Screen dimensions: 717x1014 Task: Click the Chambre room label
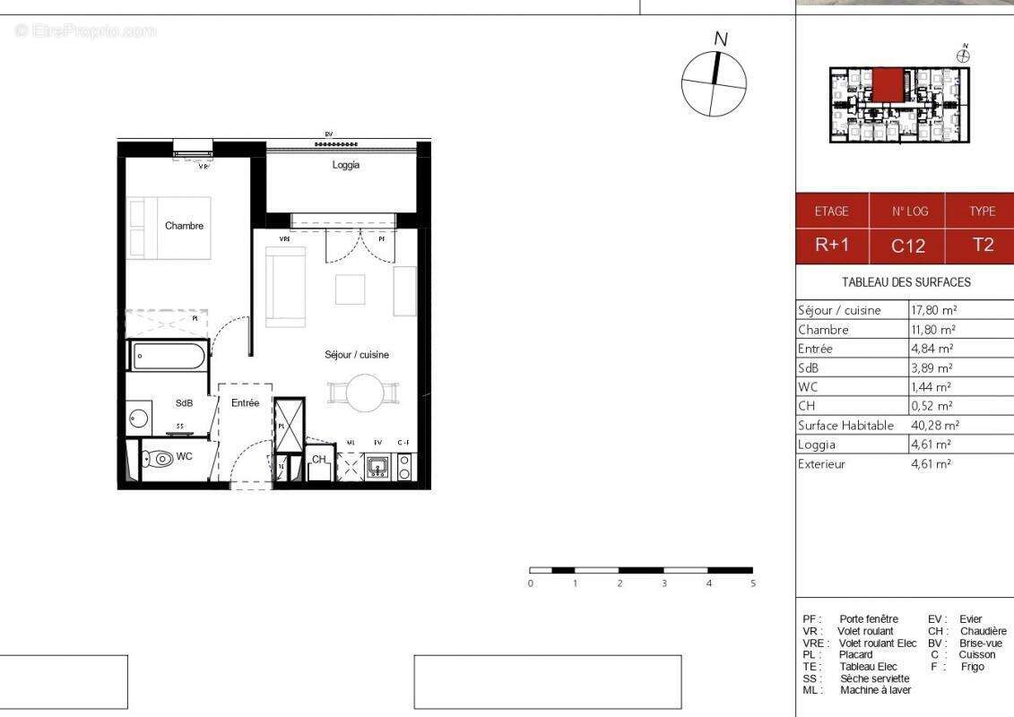(x=184, y=226)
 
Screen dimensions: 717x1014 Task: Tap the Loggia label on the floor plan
(x=345, y=165)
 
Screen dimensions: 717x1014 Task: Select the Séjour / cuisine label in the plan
(x=357, y=355)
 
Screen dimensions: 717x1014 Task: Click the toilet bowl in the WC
(x=161, y=458)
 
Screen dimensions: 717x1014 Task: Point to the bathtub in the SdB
(x=169, y=357)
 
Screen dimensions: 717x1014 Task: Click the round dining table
(x=364, y=393)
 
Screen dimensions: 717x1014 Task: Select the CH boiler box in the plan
(x=319, y=461)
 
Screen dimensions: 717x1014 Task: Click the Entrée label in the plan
(x=245, y=403)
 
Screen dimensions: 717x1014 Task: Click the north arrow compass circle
(x=714, y=83)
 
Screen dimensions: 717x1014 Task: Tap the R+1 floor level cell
(x=831, y=245)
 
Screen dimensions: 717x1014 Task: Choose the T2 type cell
(x=983, y=245)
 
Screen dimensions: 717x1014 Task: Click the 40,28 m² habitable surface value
(x=934, y=426)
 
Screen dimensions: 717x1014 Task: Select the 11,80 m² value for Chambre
(x=932, y=329)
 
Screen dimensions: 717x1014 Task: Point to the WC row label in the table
(x=808, y=387)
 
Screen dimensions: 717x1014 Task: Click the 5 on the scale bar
(x=753, y=583)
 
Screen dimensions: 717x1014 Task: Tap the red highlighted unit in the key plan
(x=888, y=86)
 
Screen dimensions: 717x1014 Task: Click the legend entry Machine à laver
(x=875, y=690)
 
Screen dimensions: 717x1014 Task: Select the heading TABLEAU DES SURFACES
(x=906, y=281)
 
